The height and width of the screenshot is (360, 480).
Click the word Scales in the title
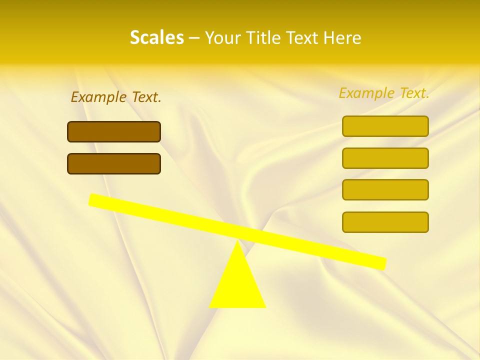coord(156,38)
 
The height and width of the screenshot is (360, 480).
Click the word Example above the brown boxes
coord(98,97)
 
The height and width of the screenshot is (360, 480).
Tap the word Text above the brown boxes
coord(146,97)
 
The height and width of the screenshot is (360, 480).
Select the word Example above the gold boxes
coord(366,93)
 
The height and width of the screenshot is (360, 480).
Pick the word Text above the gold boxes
coord(414,93)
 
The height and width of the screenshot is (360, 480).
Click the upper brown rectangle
coord(114,131)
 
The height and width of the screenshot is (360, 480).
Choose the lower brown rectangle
coord(114,163)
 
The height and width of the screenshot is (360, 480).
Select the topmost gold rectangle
coord(385,126)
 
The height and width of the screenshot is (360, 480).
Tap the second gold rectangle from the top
coord(385,158)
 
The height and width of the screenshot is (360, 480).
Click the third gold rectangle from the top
coord(385,189)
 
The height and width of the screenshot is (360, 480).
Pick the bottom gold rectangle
coord(385,222)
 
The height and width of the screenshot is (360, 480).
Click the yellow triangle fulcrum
coord(237,285)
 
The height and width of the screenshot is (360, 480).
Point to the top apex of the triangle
coord(238,243)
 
